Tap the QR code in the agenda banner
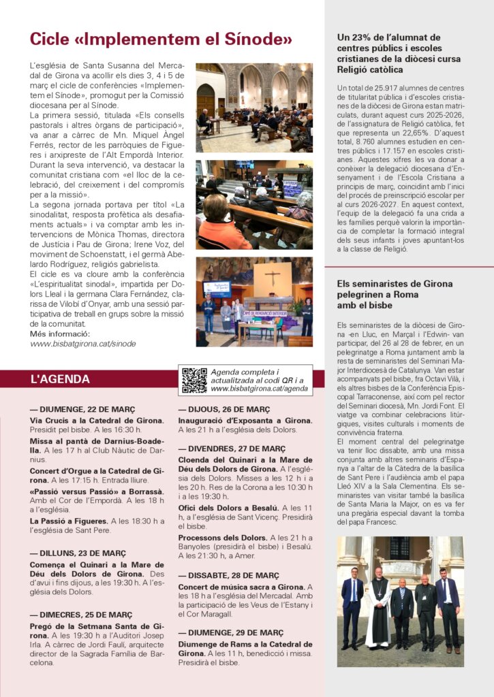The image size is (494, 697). coord(194,380)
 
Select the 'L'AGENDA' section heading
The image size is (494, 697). coord(60,379)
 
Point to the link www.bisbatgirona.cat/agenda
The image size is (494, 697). coord(259,389)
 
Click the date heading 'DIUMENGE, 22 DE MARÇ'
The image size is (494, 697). coord(77,410)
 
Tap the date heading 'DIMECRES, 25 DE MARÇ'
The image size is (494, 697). coord(81,615)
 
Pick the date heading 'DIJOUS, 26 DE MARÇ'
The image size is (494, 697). coord(223,410)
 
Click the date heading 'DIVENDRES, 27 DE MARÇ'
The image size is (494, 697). coord(232,449)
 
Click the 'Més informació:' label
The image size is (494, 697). coord(60,334)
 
